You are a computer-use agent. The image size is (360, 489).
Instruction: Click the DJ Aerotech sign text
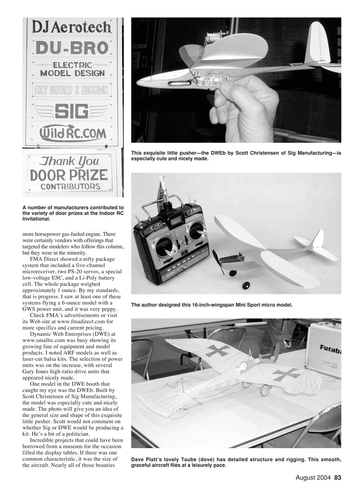(x=72, y=27)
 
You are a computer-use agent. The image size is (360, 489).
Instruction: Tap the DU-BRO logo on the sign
(x=72, y=48)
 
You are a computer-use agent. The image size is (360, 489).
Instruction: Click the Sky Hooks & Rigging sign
(x=71, y=90)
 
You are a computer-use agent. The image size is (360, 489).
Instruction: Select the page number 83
(x=337, y=478)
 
